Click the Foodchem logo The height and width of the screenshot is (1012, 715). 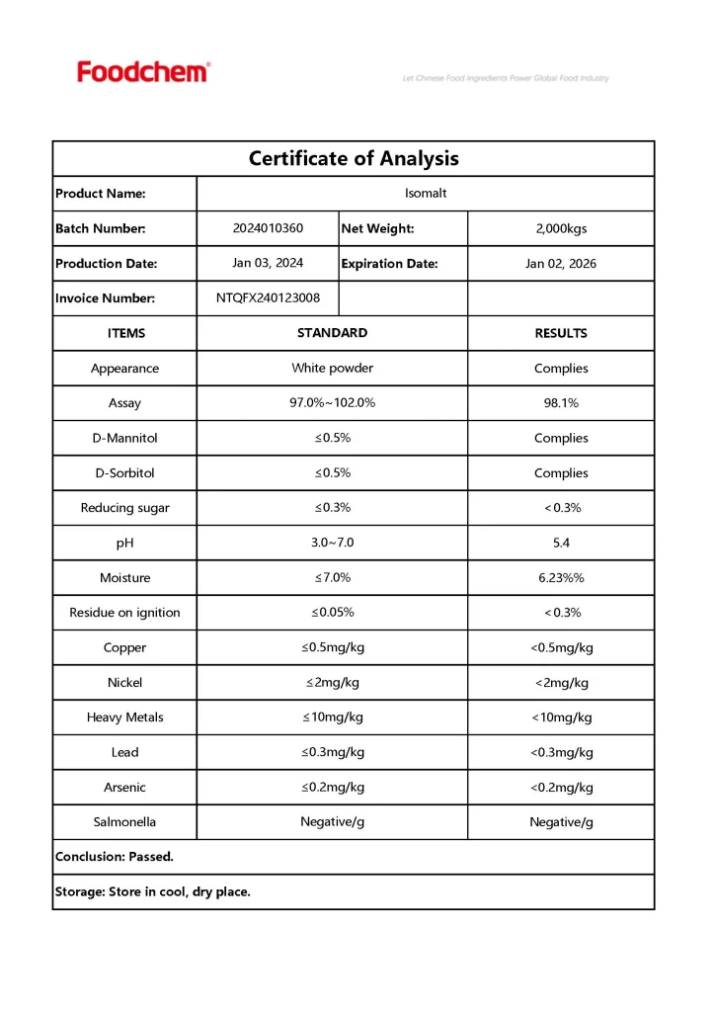143,71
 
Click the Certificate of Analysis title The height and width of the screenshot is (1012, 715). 354,158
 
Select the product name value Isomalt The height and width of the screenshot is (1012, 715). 426,193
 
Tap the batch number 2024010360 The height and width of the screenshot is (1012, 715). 268,228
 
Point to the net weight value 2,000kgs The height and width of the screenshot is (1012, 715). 561,228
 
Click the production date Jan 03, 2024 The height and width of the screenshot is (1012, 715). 268,263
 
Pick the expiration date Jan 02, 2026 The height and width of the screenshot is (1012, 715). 561,264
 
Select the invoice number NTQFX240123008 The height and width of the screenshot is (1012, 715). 268,297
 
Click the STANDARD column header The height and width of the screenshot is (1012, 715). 332,333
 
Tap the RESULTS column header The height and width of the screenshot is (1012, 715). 561,333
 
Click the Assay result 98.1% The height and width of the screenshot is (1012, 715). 561,403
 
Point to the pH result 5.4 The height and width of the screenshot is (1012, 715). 561,543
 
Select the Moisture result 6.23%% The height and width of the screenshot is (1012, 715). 561,577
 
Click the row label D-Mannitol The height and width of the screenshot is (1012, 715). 124,438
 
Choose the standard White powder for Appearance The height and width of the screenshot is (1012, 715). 332,368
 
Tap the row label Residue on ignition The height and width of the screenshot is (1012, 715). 124,613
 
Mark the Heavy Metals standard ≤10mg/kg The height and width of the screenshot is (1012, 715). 332,717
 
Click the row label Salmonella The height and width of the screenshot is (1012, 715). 124,821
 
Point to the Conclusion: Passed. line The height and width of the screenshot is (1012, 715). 115,857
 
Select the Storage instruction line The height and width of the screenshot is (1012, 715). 153,891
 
